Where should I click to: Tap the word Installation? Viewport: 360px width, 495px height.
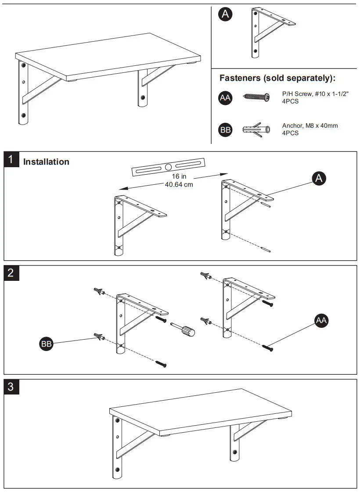pos(46,162)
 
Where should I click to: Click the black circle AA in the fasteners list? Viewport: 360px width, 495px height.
pos(225,98)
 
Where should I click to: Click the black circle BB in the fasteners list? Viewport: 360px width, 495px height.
pos(225,130)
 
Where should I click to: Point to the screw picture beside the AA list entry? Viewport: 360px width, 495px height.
pos(257,97)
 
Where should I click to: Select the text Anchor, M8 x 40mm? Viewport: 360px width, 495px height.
pos(310,126)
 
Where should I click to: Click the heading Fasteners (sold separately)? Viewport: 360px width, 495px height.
pos(277,79)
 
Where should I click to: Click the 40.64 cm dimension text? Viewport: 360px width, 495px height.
pos(179,184)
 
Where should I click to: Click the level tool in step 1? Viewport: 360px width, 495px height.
pos(169,167)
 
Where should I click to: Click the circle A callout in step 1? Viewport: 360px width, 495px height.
pos(319,178)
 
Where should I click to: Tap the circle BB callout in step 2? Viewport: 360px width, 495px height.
pos(46,344)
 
